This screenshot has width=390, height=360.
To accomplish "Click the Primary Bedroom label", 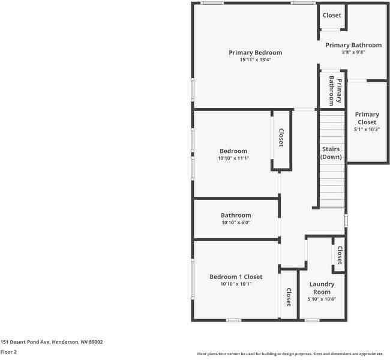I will [x=255, y=53].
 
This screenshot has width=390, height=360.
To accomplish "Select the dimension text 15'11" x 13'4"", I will [x=255, y=60].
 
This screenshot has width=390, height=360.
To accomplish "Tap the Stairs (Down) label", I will [x=331, y=153].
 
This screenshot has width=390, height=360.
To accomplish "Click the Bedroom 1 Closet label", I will [x=236, y=277].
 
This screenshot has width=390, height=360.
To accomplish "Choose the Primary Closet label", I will [x=367, y=118].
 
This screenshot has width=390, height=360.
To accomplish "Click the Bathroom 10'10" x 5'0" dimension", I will [x=236, y=223].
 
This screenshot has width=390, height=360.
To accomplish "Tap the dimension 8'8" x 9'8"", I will [x=353, y=52].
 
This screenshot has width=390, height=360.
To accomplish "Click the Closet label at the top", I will [x=332, y=16].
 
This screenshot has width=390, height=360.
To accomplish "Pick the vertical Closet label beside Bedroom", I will [x=281, y=138].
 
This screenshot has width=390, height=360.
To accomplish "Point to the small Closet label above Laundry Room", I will [x=339, y=255].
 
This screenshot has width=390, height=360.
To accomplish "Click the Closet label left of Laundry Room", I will [x=289, y=297].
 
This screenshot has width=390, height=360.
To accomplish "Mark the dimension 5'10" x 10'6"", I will [x=322, y=299].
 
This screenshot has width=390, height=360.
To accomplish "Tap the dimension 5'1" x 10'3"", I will [x=367, y=129].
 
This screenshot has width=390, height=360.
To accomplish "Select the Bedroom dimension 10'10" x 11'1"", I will [x=233, y=158].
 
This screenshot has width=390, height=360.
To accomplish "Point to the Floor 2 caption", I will [x=8, y=352].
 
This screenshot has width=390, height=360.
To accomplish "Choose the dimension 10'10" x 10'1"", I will [x=236, y=284].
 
